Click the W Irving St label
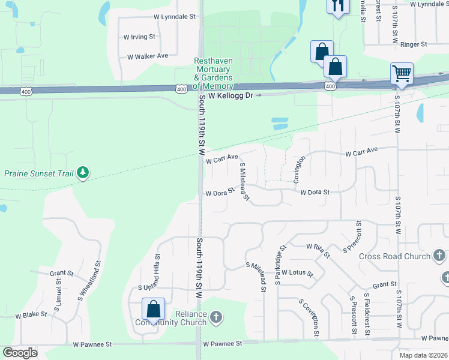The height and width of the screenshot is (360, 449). click(139, 37)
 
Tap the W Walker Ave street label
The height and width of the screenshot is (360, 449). click(147, 56)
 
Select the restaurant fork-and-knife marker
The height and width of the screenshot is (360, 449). click(338, 7)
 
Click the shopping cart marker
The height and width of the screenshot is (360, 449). click(401, 74)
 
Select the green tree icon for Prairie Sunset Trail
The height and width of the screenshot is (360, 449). click(82, 174)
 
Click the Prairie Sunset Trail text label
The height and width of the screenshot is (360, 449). click(38, 174)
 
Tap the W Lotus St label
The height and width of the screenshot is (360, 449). click(297, 273)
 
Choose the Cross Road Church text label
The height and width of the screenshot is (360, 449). click(394, 256)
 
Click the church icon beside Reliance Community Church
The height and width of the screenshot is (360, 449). click(217, 316)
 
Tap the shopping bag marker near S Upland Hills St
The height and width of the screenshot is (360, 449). click(153, 310)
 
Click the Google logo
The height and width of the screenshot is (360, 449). click(20, 353)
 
